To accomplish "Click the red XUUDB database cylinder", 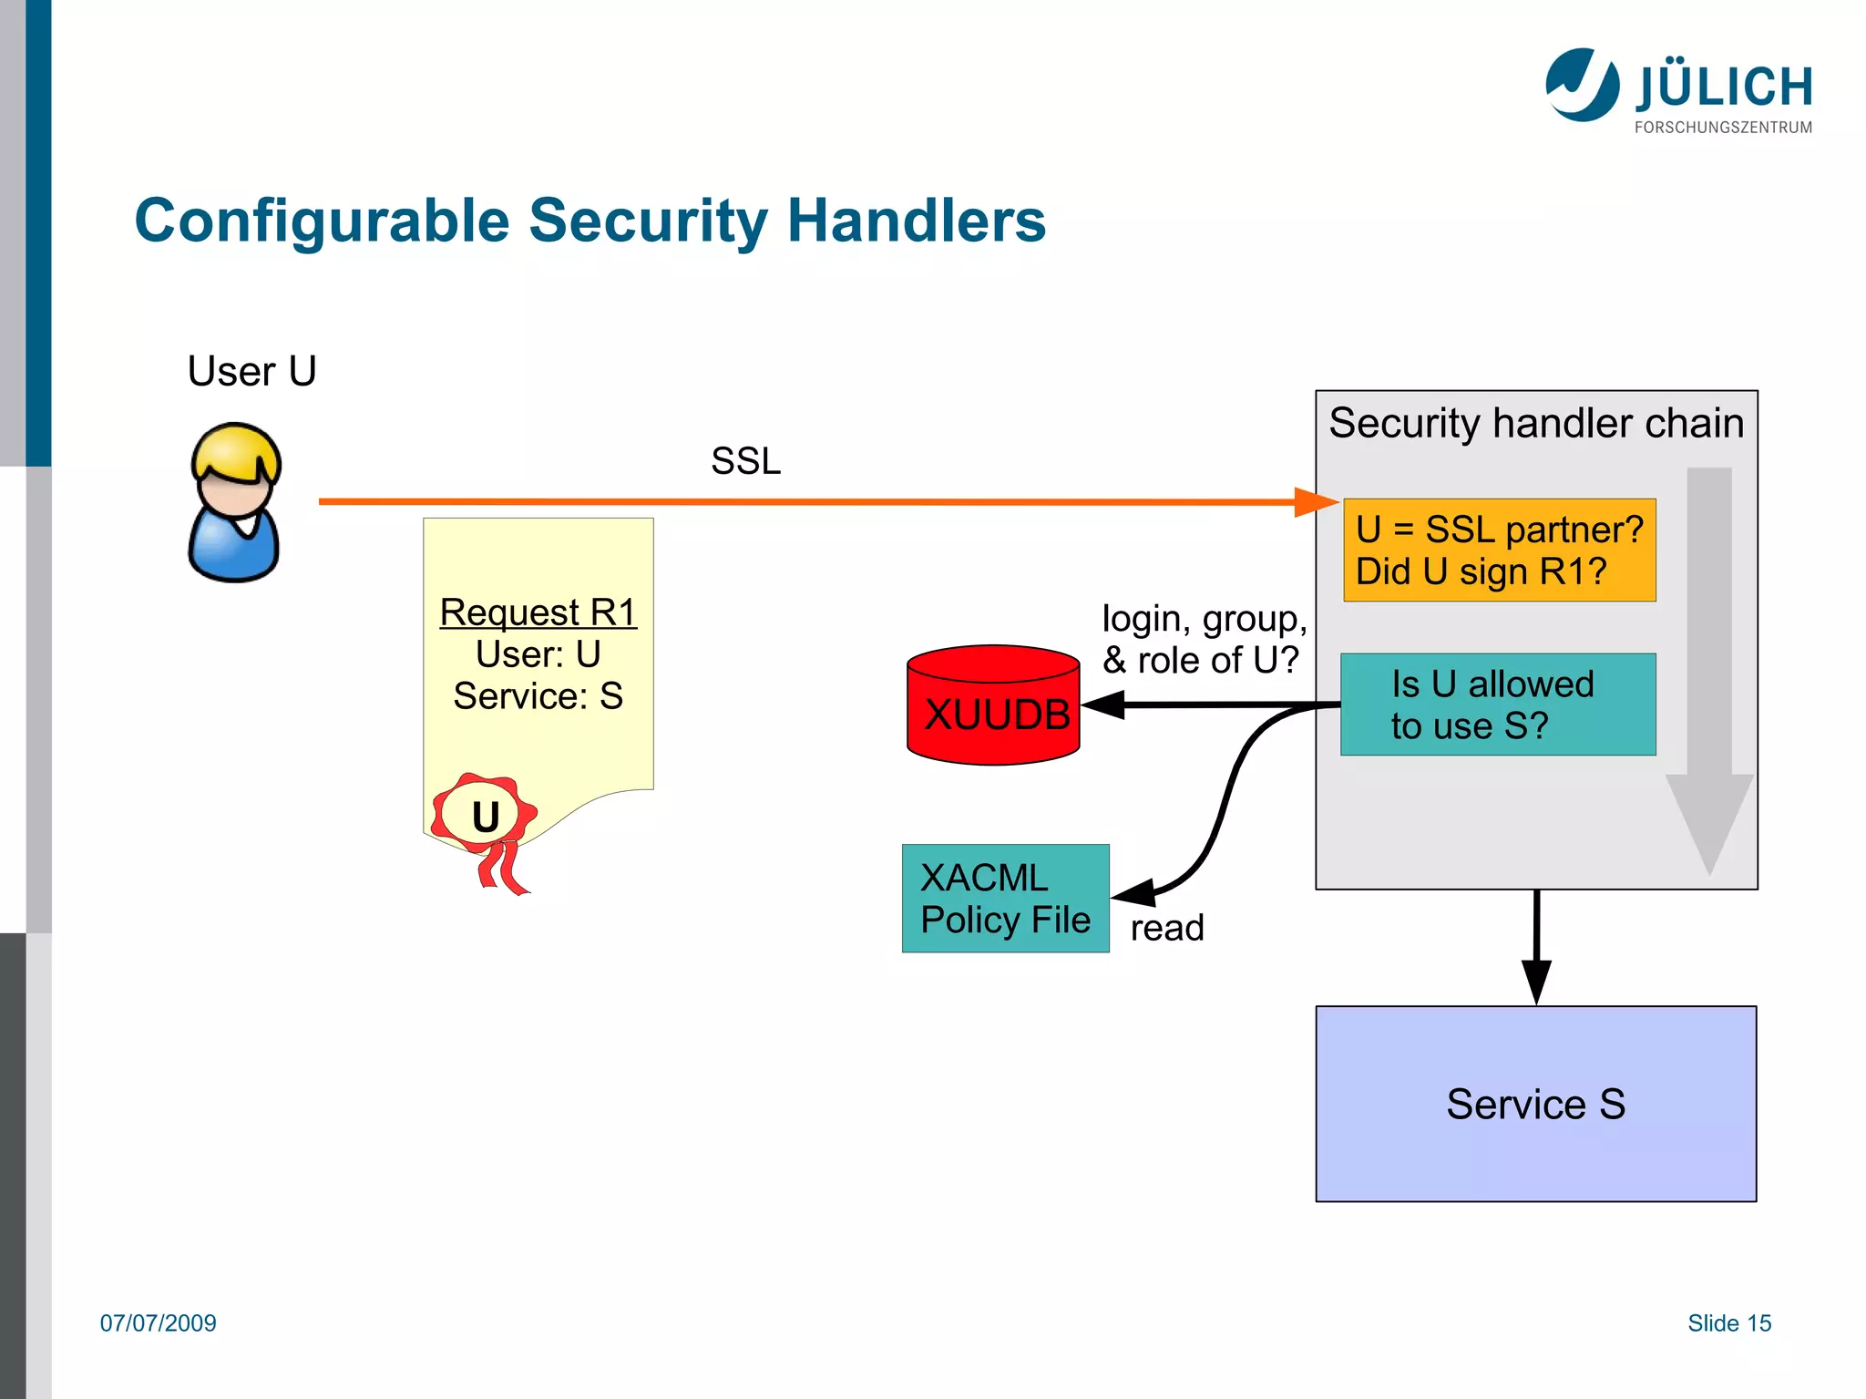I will (x=993, y=705).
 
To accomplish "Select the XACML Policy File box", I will (x=1005, y=899).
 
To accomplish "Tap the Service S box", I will (x=1535, y=1104).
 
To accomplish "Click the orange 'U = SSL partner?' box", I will (x=1499, y=550).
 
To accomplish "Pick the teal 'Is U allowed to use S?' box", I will (x=1497, y=705).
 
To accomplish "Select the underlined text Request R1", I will (x=538, y=612).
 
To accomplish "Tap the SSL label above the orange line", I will (x=745, y=461).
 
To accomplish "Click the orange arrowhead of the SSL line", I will (x=1315, y=502).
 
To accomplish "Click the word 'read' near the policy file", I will (x=1167, y=928).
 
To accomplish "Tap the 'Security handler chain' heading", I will (x=1535, y=424).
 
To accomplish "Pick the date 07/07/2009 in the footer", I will (x=158, y=1323).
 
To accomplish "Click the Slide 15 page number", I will (x=1728, y=1323).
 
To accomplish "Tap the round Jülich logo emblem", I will (x=1582, y=85).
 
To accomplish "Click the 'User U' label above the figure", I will (x=251, y=372).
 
